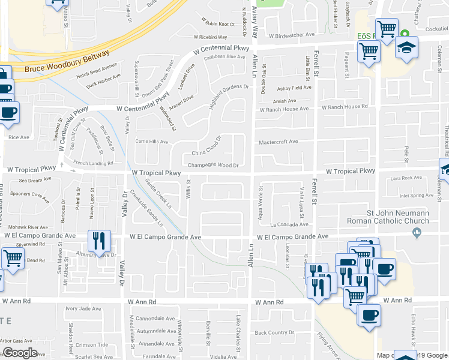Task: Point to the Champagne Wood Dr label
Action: click(x=214, y=165)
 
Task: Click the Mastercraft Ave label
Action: click(x=278, y=142)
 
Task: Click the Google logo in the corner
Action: click(x=19, y=352)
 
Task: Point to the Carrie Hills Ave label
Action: click(x=151, y=142)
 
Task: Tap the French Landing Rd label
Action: click(x=93, y=163)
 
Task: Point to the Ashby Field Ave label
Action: click(x=294, y=88)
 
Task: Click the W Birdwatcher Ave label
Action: click(x=292, y=35)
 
